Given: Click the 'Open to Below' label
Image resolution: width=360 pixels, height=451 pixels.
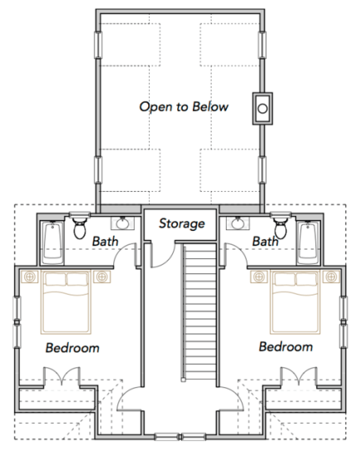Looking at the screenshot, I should coord(184,107).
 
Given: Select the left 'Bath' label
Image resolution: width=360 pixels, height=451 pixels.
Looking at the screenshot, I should coord(105,241).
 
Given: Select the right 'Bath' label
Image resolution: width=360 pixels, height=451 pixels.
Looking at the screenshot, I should coord(265,241).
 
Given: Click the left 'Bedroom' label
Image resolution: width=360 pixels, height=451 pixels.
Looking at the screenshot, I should coord(72,348).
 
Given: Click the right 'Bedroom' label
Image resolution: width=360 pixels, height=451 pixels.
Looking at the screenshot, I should coord(286,346).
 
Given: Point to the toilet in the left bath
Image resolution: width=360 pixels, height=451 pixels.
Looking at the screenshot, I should coord(80,226).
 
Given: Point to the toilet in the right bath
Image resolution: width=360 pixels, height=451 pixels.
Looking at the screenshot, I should coord(281,226).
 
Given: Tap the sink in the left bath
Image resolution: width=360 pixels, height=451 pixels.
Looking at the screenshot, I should coord(123,223).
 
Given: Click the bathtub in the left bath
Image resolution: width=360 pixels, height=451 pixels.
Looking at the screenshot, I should coord(51,237).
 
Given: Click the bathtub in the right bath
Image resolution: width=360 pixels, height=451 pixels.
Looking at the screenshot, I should coord(310,237).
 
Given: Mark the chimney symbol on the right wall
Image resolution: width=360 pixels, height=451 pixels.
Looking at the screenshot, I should coord(263,107).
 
